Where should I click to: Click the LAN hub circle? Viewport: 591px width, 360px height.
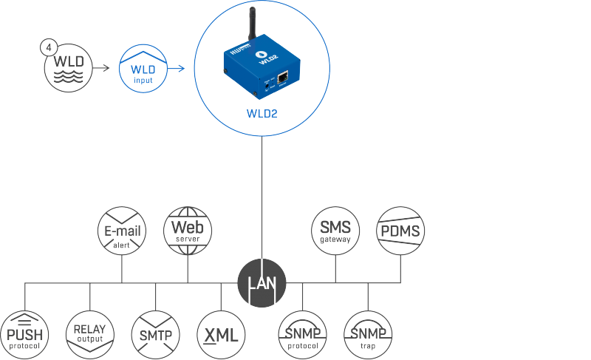pos(262,282)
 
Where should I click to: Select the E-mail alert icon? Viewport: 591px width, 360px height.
pos(123,232)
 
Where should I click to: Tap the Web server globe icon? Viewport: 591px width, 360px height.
pos(188,229)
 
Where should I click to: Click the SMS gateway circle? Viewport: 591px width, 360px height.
pos(335,229)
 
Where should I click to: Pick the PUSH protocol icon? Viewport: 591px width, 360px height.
pos(25,335)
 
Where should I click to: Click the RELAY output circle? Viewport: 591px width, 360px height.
pos(90,335)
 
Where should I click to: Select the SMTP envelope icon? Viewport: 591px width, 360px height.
pos(155,335)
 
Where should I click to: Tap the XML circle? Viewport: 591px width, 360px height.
pos(220,335)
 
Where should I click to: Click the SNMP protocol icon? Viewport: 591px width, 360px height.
pos(303,335)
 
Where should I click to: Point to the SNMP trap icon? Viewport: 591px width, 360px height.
pos(368,335)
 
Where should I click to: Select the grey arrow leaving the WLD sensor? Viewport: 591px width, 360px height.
pos(104,69)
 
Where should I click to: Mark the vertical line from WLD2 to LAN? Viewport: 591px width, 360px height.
pos(262,200)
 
